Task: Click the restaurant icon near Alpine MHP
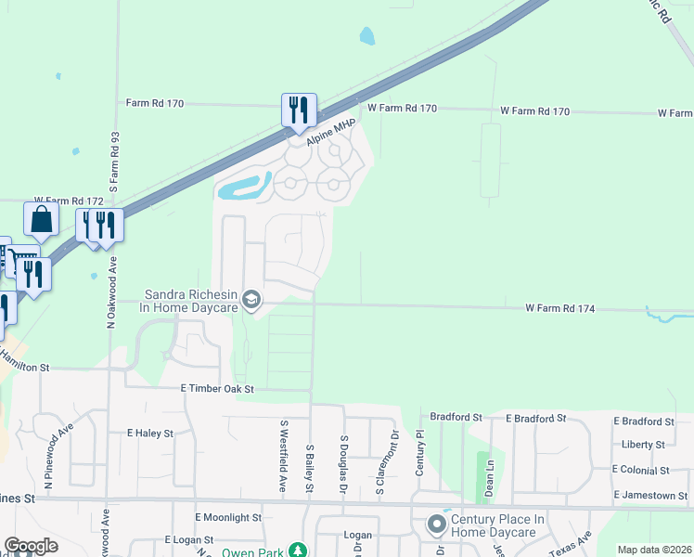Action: point(299,110)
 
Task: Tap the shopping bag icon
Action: point(42,220)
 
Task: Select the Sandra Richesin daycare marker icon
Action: point(251,300)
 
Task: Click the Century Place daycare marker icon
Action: point(437,525)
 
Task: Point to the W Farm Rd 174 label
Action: point(559,308)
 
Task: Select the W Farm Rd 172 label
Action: point(69,201)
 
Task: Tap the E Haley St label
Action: point(150,434)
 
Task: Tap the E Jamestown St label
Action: point(650,496)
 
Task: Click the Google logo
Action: point(31,546)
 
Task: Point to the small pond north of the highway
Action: point(367,36)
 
